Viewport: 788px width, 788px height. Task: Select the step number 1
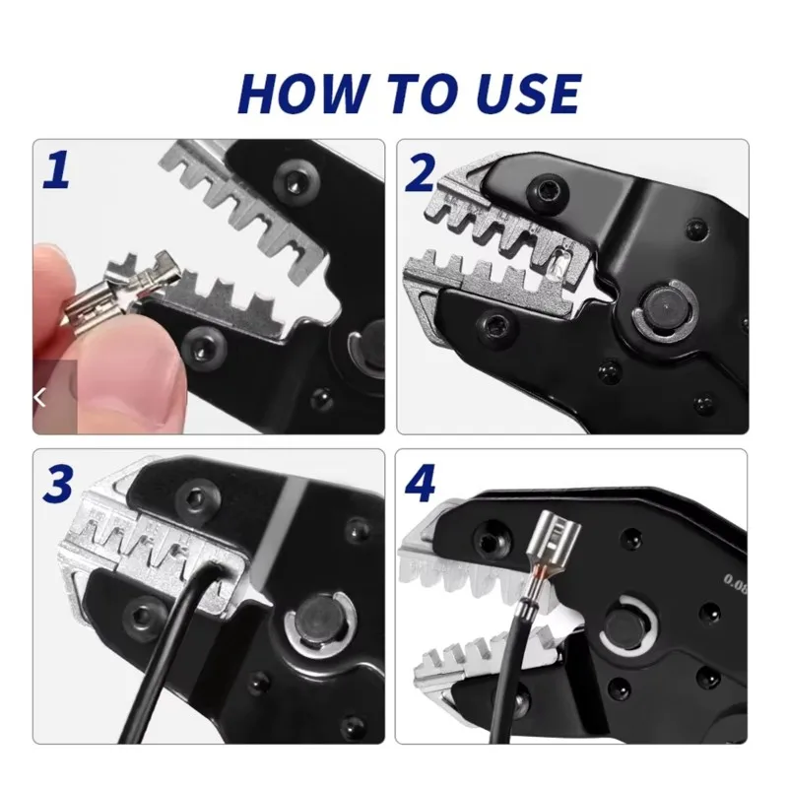(x=55, y=168)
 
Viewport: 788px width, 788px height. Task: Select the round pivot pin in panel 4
(x=628, y=623)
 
